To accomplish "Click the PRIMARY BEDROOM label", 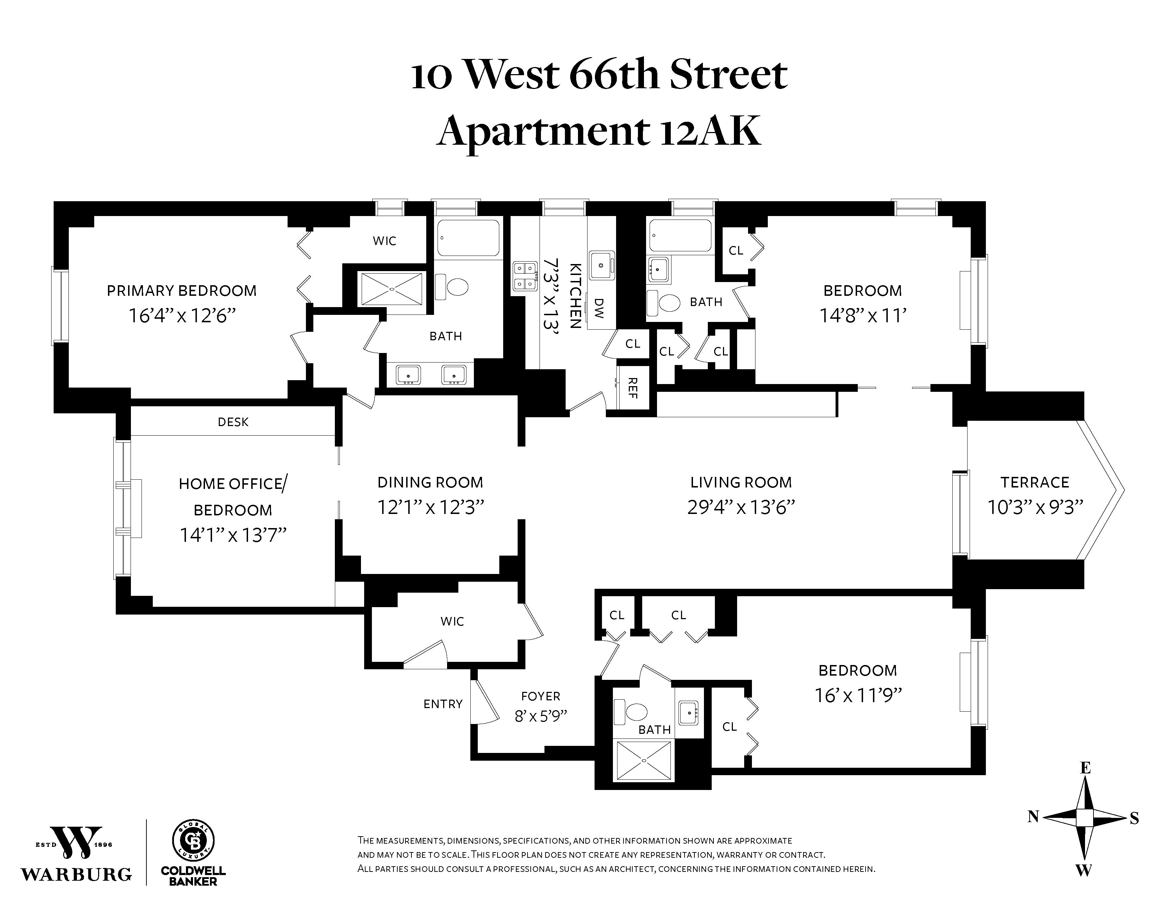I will (182, 291).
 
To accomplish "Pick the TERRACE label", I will (1034, 483).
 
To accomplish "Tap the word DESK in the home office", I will (233, 422).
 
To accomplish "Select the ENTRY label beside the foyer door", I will (442, 704).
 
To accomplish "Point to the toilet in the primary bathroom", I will (453, 287).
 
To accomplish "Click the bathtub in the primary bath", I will (469, 238).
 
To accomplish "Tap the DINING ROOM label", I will (430, 483).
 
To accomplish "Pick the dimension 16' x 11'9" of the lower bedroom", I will (858, 696).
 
